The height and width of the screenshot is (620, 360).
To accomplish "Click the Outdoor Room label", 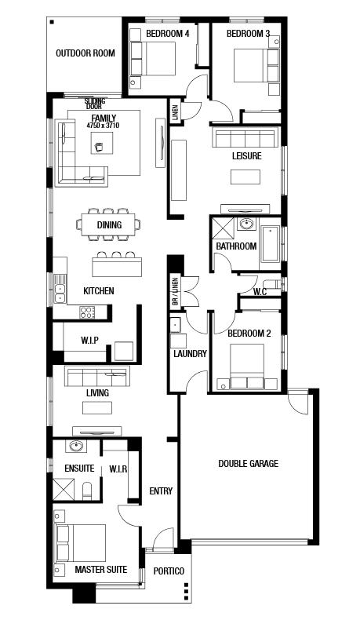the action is tap(85, 53).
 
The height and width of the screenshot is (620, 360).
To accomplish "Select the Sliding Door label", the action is tap(95, 104).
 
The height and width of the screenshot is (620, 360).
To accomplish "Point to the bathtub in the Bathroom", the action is tap(271, 244).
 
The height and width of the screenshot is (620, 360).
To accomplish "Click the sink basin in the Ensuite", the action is tap(76, 447).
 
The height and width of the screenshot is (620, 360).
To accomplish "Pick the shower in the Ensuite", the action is tap(64, 489).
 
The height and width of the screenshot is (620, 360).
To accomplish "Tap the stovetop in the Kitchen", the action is tap(86, 312).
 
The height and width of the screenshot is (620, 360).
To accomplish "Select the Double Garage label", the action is tap(248, 463).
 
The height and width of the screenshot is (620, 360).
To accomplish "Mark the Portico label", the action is tap(169, 571).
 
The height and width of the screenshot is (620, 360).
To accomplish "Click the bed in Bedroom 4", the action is tap(153, 59).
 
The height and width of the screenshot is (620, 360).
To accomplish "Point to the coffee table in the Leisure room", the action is tap(245, 177).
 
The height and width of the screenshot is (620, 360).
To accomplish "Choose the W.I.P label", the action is tap(89, 340).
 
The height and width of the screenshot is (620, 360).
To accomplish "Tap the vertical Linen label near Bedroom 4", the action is tap(176, 112).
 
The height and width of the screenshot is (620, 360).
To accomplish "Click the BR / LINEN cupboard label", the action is tap(176, 292).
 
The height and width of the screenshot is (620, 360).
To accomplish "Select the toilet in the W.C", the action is tap(274, 284).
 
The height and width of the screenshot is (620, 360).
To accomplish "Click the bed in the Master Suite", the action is tap(81, 542).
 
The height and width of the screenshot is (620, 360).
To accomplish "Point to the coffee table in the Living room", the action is tap(97, 407).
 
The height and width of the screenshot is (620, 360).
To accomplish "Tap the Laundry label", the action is tap(190, 353).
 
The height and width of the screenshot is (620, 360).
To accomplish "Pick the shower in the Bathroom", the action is tap(224, 228).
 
